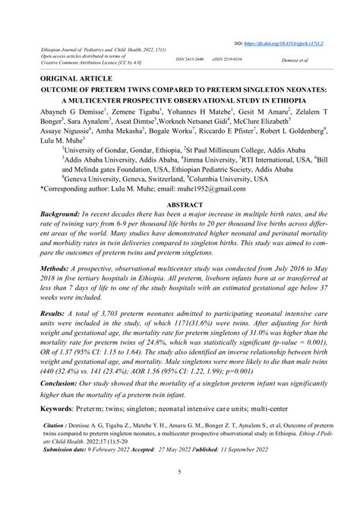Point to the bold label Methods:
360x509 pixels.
(x=62, y=269)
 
